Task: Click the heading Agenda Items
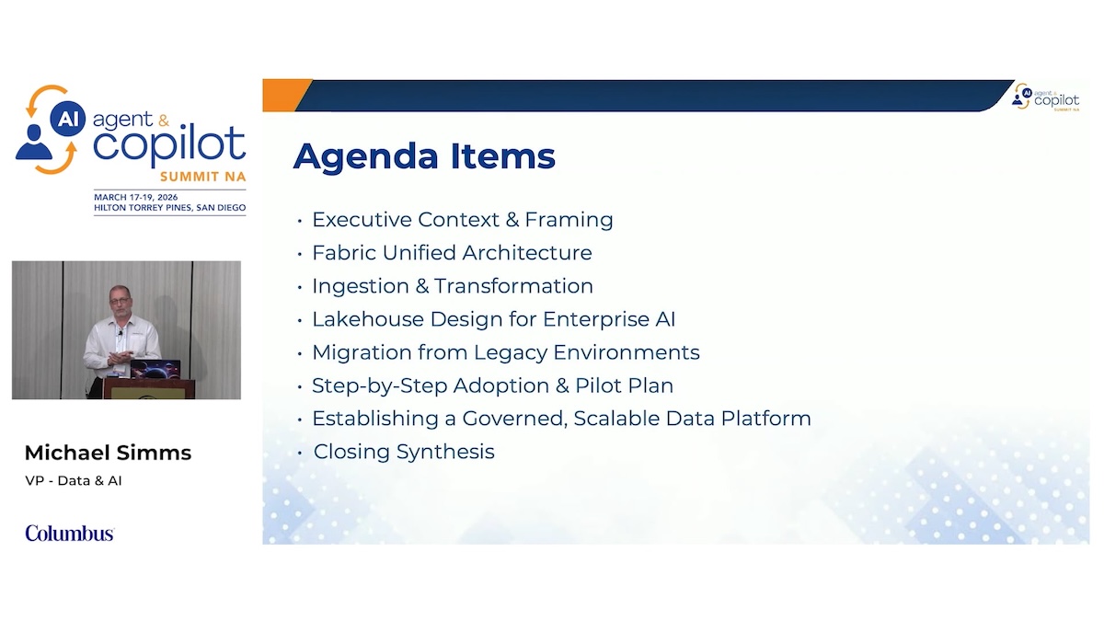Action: coord(424,156)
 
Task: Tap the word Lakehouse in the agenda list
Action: coord(368,319)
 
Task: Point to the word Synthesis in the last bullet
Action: coord(445,452)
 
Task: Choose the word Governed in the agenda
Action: coord(514,419)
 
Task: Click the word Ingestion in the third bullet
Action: coord(361,286)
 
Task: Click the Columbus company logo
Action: coord(70,534)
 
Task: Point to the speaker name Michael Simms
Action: coord(108,453)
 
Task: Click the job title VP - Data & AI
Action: coord(74,480)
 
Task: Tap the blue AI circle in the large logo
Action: coord(67,119)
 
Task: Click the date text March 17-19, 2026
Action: coord(136,197)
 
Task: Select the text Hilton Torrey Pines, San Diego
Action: coord(170,208)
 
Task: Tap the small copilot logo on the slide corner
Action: coord(1045,98)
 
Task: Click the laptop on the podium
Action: coord(155,369)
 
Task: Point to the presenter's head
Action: coord(121,300)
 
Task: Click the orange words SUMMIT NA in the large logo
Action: coord(202,177)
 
